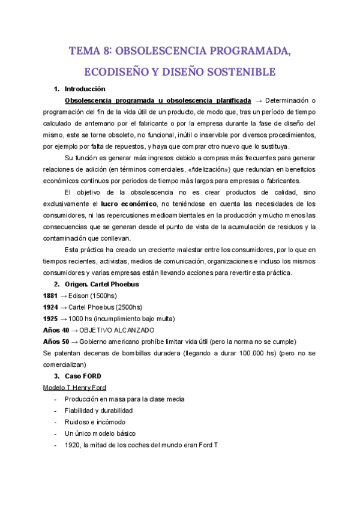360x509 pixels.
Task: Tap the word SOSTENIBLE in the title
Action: click(244, 72)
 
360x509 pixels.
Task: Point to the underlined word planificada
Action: click(226, 100)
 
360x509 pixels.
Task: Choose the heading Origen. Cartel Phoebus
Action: click(103, 284)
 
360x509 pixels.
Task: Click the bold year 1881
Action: click(52, 296)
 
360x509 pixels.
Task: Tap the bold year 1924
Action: click(52, 307)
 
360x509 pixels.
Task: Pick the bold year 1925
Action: click(52, 319)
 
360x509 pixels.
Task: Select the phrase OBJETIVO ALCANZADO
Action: click(116, 330)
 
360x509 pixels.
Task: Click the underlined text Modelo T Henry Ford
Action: click(75, 387)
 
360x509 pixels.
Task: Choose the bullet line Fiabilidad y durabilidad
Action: click(98, 411)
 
